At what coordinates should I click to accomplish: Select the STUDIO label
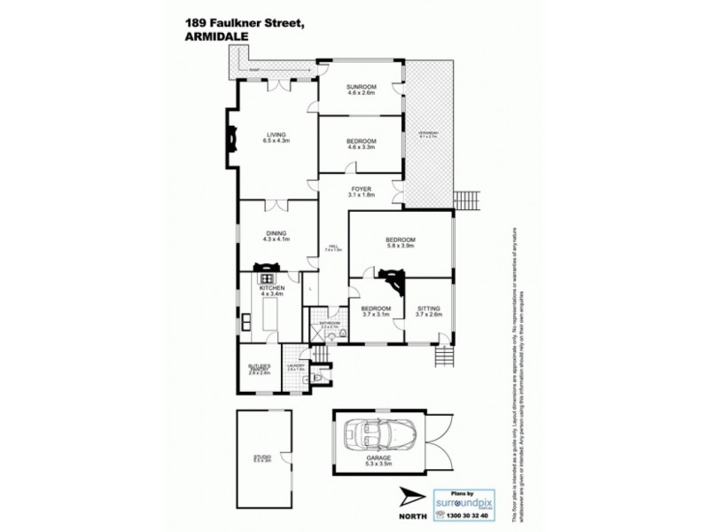[261, 457]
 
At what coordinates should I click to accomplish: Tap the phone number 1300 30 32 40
[459, 514]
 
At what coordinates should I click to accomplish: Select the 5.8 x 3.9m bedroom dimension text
[401, 246]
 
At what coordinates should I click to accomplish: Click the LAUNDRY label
[295, 366]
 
